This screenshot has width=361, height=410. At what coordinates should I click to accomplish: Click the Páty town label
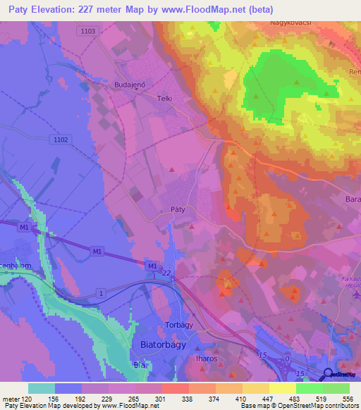178,209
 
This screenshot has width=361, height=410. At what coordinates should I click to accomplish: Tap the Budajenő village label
129,84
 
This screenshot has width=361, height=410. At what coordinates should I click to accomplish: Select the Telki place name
165,99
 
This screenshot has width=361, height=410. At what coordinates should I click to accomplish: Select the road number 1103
88,32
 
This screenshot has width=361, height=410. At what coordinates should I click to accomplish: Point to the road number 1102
61,140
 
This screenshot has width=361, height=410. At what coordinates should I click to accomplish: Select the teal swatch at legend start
42,388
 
